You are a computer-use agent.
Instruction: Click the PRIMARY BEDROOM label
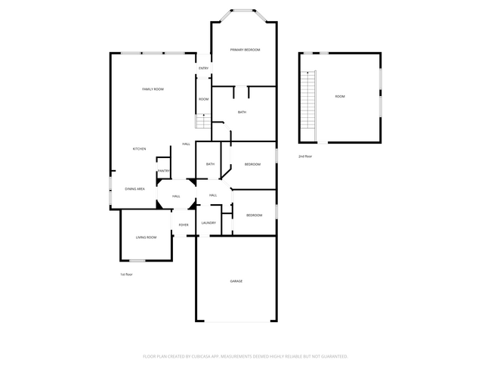(245, 50)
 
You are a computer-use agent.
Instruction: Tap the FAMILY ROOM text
(153, 89)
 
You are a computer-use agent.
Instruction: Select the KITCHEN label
(139, 149)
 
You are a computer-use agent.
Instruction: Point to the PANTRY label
(163, 171)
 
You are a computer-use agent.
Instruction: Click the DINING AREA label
(135, 188)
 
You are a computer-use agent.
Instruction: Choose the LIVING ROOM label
(146, 237)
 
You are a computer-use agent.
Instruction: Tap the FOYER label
(183, 225)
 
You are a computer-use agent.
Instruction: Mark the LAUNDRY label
(208, 223)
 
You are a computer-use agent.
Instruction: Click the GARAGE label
(236, 281)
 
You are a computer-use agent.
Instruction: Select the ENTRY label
(203, 69)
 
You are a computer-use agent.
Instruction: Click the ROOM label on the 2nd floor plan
(340, 96)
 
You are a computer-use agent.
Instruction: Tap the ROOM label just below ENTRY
(203, 99)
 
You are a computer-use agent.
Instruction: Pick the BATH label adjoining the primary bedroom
(242, 113)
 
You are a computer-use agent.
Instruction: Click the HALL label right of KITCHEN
(186, 144)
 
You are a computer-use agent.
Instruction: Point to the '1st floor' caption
(126, 274)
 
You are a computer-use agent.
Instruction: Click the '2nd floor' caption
(304, 156)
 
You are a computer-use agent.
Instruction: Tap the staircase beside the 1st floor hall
(202, 121)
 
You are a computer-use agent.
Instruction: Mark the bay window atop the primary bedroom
(243, 11)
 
